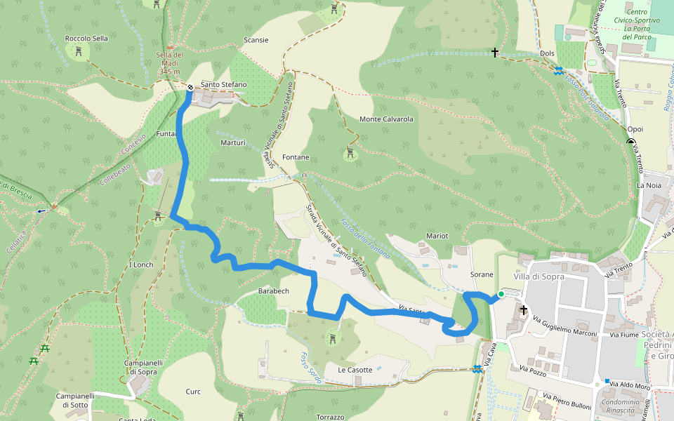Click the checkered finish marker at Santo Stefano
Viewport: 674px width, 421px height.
(190, 87)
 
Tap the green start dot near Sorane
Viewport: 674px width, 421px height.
(501, 294)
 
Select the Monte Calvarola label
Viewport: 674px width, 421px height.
(386, 119)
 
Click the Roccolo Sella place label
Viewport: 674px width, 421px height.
(86, 38)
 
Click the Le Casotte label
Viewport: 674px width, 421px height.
(355, 370)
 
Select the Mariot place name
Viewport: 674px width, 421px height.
(437, 236)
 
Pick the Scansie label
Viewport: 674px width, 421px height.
(256, 40)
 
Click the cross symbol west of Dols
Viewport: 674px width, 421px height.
(495, 53)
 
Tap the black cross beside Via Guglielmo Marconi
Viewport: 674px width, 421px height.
(524, 309)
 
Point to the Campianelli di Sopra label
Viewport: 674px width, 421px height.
(145, 367)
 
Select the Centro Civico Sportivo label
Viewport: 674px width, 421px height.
(637, 20)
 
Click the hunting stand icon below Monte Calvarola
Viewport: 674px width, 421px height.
(350, 152)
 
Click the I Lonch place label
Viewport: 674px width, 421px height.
(141, 265)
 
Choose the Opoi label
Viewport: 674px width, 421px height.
(635, 130)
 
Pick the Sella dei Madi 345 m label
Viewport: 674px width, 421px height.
(170, 63)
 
